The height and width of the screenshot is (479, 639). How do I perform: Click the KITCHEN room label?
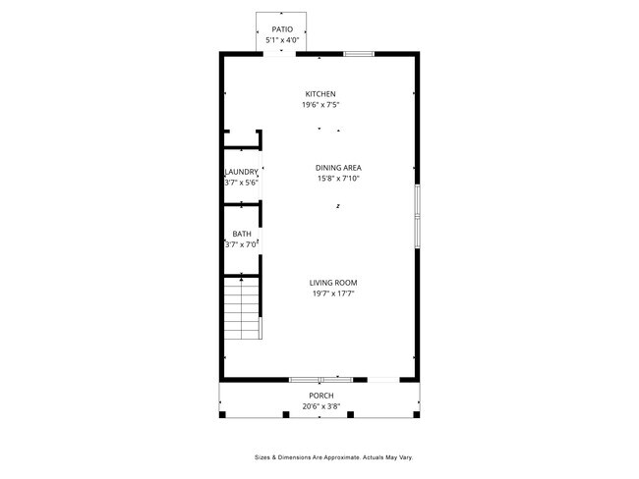point(319,94)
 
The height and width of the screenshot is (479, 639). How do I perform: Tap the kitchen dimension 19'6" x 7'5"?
point(319,105)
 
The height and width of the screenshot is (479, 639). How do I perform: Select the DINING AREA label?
point(338,168)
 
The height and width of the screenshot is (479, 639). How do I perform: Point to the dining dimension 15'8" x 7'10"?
point(338,179)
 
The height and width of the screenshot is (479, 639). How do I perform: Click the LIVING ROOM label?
point(333,283)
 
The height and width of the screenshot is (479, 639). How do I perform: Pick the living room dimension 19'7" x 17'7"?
point(333,293)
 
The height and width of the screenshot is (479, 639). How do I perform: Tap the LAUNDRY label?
point(242,172)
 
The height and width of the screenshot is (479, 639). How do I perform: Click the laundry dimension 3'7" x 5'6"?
point(242,183)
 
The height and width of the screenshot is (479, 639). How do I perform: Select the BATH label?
point(242,234)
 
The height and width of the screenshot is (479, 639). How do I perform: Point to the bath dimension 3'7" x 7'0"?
point(242,244)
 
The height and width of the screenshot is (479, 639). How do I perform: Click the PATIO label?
point(282,30)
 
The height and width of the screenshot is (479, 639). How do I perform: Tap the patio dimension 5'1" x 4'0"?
point(282,41)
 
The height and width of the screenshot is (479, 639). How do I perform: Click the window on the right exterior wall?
point(417,215)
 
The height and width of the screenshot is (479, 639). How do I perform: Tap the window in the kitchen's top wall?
point(359,53)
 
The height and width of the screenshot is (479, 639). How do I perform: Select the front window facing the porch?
point(321,379)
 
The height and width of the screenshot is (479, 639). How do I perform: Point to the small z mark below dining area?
point(337,206)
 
